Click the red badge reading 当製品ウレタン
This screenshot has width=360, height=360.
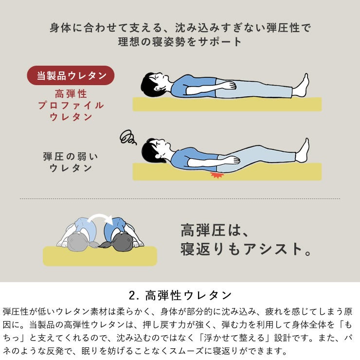(71, 75)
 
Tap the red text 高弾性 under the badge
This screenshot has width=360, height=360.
(71, 93)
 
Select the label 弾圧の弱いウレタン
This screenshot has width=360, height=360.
(71, 162)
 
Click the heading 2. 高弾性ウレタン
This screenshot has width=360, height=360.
(180, 295)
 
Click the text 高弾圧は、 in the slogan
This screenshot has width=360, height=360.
(215, 229)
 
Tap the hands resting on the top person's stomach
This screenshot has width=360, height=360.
(229, 86)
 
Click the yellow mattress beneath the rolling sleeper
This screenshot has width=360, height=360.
(100, 257)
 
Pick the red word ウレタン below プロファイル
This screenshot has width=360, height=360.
(71, 117)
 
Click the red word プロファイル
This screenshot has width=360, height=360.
(71, 105)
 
